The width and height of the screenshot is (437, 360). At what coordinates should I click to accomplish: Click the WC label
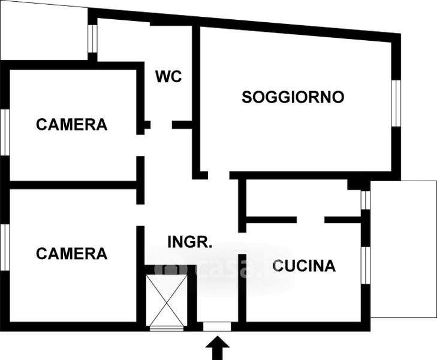click(168, 76)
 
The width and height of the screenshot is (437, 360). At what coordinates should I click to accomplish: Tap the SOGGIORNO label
click(293, 97)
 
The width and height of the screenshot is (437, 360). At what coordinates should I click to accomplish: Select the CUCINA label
click(304, 266)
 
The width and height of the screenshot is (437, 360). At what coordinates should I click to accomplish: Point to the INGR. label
click(190, 242)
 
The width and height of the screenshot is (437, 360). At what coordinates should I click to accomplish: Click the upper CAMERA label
click(71, 124)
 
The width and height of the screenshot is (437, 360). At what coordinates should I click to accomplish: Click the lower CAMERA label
click(71, 253)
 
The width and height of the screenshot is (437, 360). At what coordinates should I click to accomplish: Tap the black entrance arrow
click(218, 348)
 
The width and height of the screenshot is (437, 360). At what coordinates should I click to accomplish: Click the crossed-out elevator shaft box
click(167, 300)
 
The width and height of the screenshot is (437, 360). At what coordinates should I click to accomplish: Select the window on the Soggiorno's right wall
click(396, 103)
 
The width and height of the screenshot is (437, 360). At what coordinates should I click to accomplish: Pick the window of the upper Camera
click(5, 132)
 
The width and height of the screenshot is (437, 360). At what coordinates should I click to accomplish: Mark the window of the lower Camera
click(5, 247)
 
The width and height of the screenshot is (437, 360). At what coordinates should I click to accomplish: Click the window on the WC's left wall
click(92, 39)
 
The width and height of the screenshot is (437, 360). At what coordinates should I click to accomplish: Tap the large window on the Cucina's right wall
click(366, 265)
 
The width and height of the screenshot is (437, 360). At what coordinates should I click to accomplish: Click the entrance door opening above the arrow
click(217, 326)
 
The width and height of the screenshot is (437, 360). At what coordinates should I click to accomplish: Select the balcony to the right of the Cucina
click(403, 249)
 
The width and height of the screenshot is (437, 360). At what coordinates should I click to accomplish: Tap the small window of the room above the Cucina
click(366, 200)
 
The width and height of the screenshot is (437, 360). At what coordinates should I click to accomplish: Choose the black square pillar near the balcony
click(354, 185)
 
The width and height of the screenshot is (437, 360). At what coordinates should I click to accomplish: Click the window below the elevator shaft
click(167, 329)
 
